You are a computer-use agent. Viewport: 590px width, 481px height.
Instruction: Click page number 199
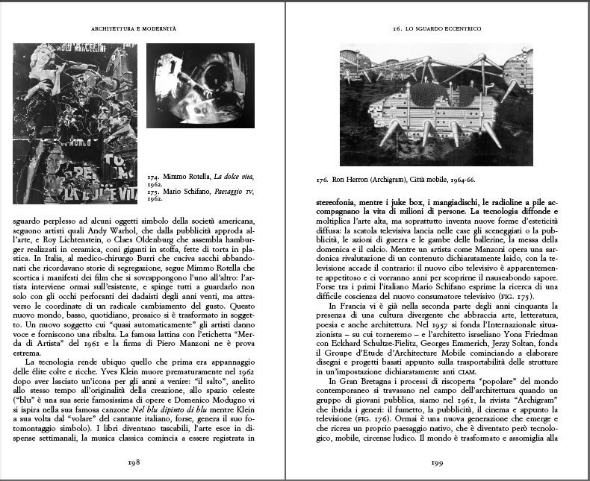point(438,462)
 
